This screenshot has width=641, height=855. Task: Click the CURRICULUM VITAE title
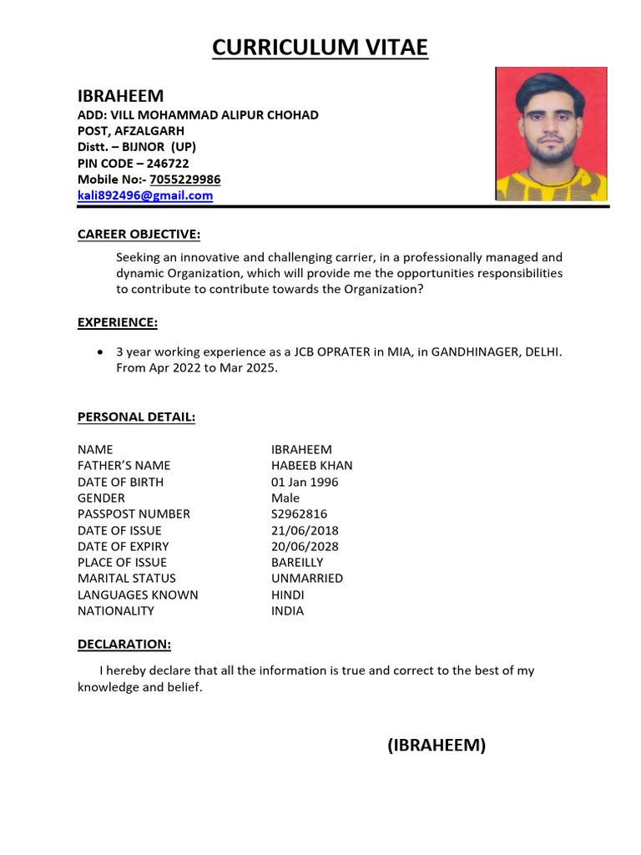click(320, 48)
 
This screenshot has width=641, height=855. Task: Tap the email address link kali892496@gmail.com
click(145, 195)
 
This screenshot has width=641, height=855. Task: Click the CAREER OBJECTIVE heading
click(139, 234)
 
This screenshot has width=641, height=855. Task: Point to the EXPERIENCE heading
click(117, 322)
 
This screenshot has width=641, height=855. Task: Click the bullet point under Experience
click(101, 352)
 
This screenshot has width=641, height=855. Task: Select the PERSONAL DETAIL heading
click(136, 417)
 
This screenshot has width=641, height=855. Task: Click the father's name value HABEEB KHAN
click(311, 465)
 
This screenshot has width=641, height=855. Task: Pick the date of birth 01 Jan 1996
click(305, 482)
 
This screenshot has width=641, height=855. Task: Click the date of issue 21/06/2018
click(305, 530)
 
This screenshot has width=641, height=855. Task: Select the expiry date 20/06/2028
click(305, 546)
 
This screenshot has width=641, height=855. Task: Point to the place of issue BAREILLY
click(297, 562)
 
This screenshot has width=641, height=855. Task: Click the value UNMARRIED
click(306, 578)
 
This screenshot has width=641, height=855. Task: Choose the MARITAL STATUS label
click(127, 578)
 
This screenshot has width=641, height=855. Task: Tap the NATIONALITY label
click(116, 610)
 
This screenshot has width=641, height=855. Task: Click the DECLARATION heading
click(124, 644)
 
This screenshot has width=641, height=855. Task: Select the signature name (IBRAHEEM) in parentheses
click(436, 746)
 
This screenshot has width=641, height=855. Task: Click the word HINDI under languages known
click(287, 594)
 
